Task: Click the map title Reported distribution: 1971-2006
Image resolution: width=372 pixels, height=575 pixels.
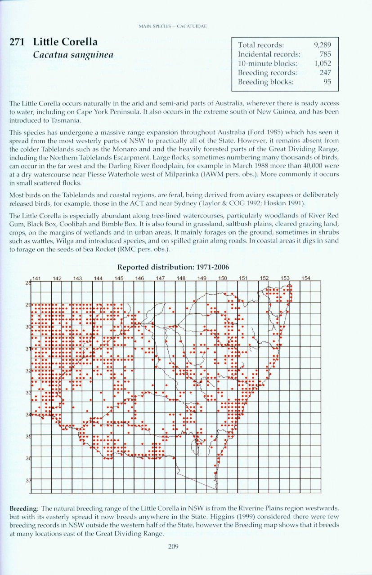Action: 186,267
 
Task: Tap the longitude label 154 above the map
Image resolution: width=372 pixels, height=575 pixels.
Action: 305,278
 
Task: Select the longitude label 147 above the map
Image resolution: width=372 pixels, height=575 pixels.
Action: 161,278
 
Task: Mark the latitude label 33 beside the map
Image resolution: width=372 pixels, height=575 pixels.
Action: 27,393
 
